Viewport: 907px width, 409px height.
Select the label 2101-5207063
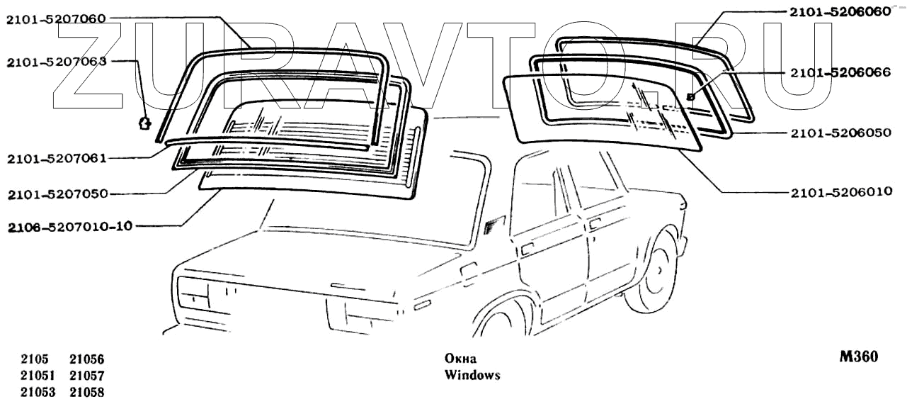(56, 62)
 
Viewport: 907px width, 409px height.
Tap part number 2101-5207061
(56, 158)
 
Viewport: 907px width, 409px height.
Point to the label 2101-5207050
(56, 193)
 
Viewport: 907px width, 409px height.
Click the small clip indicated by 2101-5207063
(144, 123)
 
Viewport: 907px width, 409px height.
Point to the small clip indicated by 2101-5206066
(690, 95)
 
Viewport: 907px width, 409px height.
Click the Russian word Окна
(460, 359)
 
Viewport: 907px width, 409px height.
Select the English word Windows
(472, 375)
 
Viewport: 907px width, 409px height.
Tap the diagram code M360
(858, 357)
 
